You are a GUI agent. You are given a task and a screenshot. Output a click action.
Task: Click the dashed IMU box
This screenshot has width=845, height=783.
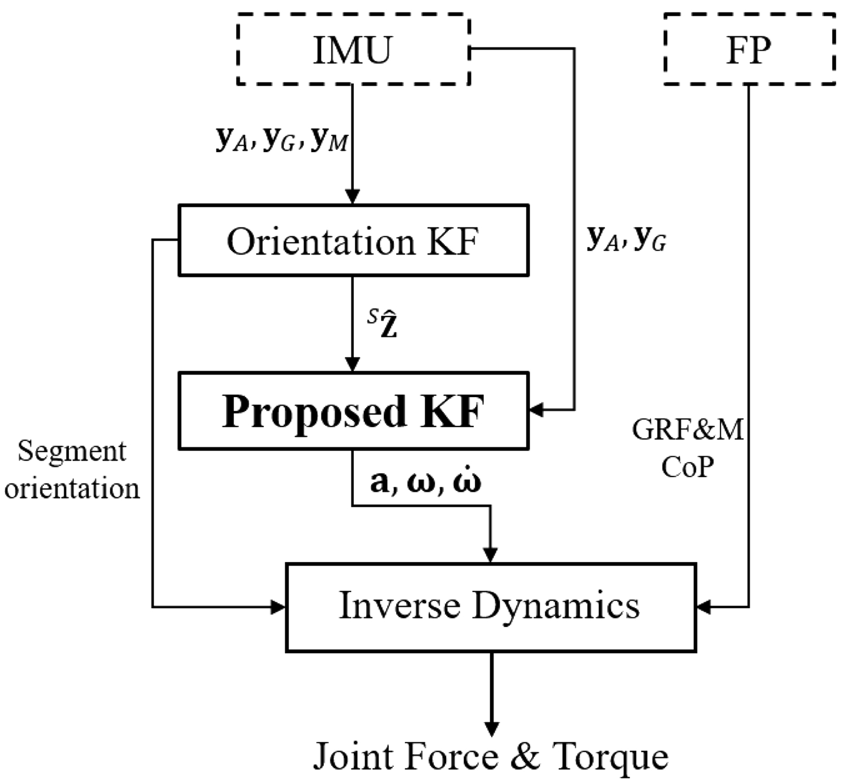pyautogui.click(x=353, y=50)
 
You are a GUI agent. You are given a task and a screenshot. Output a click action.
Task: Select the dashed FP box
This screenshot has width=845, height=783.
pyautogui.click(x=749, y=50)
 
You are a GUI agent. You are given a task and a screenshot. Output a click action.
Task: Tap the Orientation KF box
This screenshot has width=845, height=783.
pyautogui.click(x=353, y=241)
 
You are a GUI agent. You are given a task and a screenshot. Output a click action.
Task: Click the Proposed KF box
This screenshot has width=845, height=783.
pyautogui.click(x=353, y=411)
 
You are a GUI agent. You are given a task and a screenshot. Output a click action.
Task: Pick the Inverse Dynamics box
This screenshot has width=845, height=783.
pyautogui.click(x=490, y=607)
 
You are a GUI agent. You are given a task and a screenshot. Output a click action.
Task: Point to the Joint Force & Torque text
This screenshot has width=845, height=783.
pyautogui.click(x=490, y=756)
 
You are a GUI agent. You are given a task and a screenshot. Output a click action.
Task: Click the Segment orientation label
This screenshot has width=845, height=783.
pyautogui.click(x=72, y=469)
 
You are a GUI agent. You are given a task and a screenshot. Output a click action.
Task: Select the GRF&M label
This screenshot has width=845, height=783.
pyautogui.click(x=687, y=430)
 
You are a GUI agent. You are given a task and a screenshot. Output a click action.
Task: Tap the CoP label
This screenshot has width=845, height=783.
pyautogui.click(x=687, y=466)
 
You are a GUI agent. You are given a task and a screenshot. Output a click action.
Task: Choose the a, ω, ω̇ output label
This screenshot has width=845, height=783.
pyautogui.click(x=425, y=482)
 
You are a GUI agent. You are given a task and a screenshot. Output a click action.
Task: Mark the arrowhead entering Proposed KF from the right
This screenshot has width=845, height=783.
pyautogui.click(x=536, y=410)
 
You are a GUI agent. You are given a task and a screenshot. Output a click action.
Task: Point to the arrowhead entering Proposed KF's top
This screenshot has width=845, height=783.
pyautogui.click(x=352, y=364)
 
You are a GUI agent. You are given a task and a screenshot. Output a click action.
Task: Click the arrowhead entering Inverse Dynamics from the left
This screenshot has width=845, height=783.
pyautogui.click(x=279, y=607)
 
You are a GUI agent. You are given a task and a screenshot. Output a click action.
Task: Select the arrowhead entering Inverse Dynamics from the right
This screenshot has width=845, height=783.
pyautogui.click(x=704, y=607)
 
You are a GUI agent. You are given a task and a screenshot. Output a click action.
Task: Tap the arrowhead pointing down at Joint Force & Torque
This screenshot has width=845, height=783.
pyautogui.click(x=492, y=728)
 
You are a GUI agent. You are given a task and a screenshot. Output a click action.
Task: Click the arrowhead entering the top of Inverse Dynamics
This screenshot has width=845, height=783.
pyautogui.click(x=491, y=555)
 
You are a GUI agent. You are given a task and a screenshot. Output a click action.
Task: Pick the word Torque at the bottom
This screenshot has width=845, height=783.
pyautogui.click(x=610, y=756)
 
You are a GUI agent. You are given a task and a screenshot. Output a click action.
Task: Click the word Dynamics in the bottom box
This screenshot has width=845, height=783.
pyautogui.click(x=555, y=607)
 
